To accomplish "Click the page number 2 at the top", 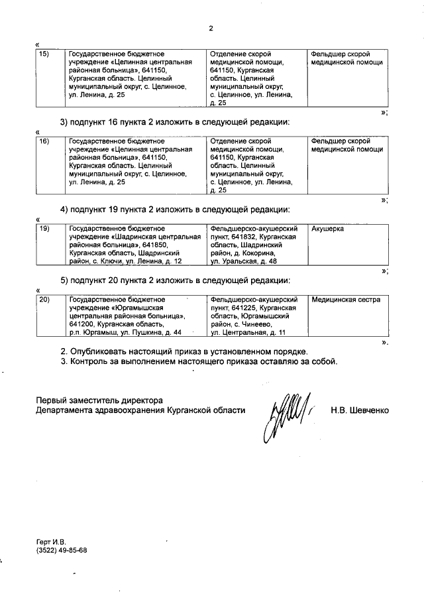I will pyautogui.click(x=211, y=29).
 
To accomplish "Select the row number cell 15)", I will pyautogui.click(x=44, y=54).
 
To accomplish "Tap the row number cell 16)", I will pyautogui.click(x=44, y=141).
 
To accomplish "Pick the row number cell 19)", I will pyautogui.click(x=44, y=228).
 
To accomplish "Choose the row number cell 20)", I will pyautogui.click(x=44, y=300).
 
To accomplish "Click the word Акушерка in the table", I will pyautogui.click(x=328, y=228).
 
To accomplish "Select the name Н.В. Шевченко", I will pyautogui.click(x=360, y=410).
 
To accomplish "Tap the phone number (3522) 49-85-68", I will pyautogui.click(x=62, y=550).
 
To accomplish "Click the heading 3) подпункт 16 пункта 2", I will pyautogui.click(x=175, y=123).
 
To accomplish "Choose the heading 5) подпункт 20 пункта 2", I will pyautogui.click(x=175, y=281).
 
